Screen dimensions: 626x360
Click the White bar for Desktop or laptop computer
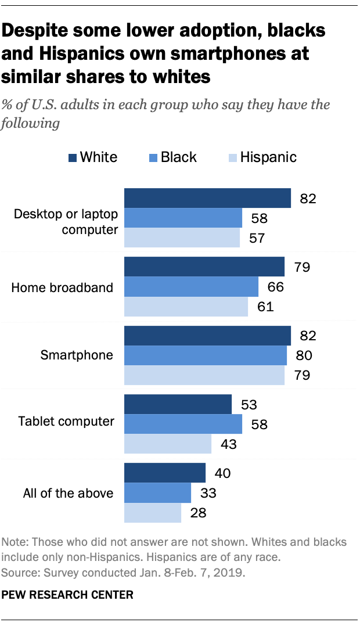coord(207,198)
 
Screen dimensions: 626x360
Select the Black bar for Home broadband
coord(192,286)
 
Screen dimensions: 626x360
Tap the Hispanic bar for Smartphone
coord(204,375)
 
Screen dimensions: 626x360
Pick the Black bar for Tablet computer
coord(183,424)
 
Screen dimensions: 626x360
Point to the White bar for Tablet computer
coord(178,405)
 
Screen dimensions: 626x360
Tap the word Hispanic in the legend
coord(268,157)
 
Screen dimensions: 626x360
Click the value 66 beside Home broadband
coord(275,287)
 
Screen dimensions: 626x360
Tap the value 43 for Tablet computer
coord(228,444)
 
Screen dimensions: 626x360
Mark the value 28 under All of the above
coord(198,513)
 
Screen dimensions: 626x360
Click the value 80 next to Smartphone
coord(304,355)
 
